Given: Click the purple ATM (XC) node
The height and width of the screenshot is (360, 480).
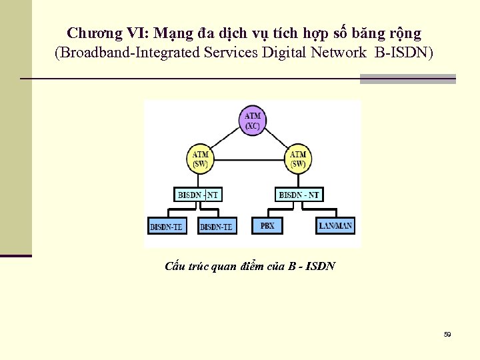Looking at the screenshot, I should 253,121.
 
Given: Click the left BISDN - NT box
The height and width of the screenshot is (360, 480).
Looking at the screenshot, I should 199,195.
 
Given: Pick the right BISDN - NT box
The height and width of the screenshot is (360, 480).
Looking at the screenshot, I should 299,195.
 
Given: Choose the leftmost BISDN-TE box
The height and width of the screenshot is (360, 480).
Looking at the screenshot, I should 167,227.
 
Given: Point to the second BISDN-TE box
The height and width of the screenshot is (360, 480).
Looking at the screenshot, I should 217,227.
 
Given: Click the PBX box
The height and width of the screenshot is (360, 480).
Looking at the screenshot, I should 267,225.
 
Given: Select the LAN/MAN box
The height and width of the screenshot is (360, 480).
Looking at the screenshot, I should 335,225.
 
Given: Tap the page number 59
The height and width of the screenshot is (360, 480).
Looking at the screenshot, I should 447,334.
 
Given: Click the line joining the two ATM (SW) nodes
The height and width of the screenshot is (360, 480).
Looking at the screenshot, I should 249,160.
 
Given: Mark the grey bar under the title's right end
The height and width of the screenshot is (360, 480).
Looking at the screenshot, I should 407,79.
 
